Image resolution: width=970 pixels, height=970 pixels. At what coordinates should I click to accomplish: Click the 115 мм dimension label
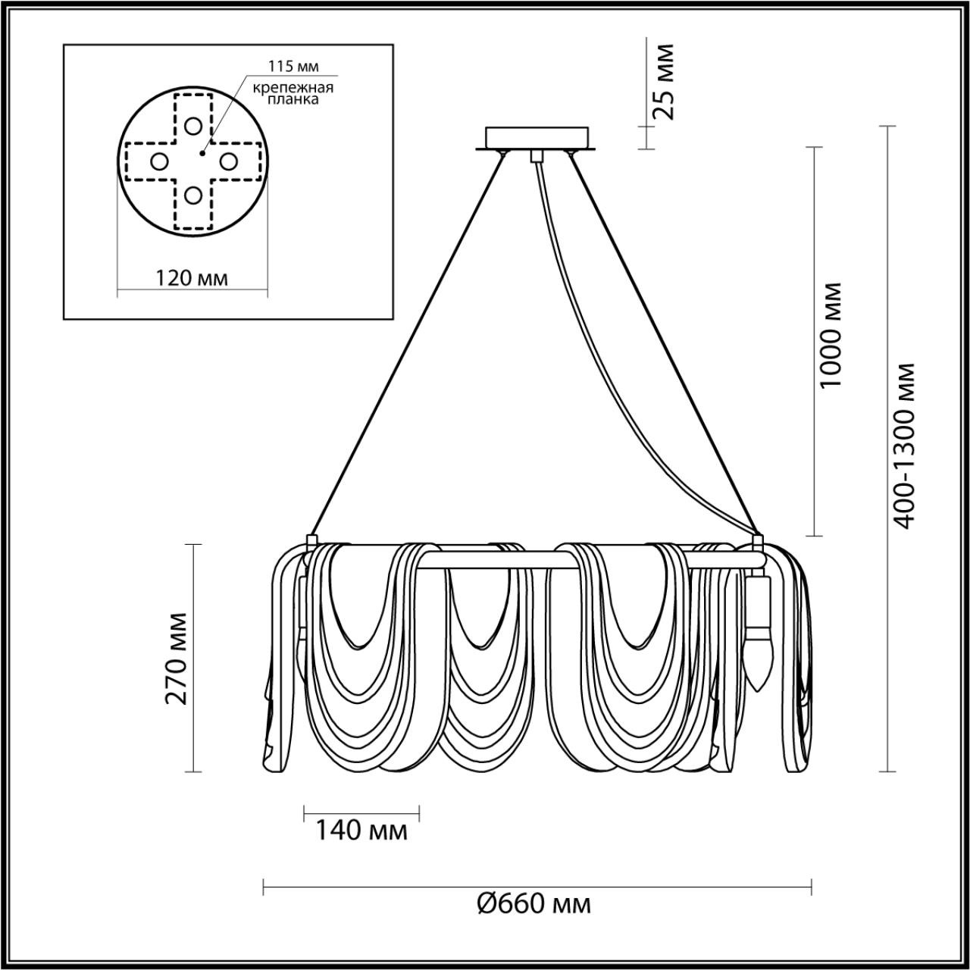click(293, 67)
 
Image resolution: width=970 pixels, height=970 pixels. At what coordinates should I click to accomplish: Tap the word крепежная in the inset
click(293, 88)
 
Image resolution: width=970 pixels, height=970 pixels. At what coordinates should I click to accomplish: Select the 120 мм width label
click(192, 278)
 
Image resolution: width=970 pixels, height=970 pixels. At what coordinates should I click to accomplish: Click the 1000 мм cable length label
click(831, 335)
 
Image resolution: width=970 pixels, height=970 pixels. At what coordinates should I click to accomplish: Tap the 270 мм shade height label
click(177, 659)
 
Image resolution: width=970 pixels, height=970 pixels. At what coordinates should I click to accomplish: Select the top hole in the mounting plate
click(192, 126)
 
